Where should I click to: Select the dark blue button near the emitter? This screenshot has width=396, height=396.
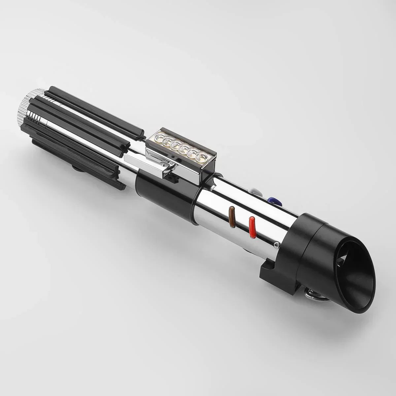pyautogui.click(x=273, y=200)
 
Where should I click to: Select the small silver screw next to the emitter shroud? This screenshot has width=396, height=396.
pyautogui.click(x=276, y=245)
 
